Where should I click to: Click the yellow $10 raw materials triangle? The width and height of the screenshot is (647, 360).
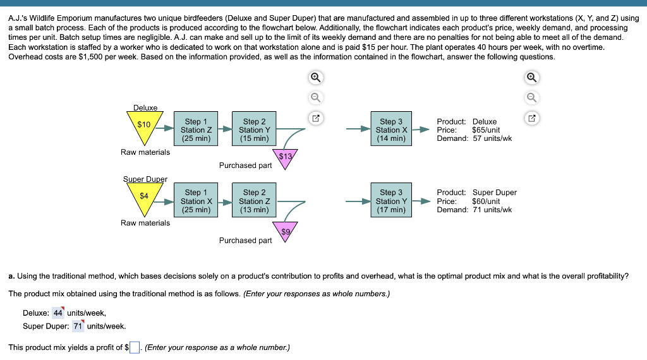(x=145, y=126)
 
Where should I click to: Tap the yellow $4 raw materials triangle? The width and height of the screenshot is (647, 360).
(x=145, y=196)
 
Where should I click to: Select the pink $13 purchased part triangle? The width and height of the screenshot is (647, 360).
(x=286, y=157)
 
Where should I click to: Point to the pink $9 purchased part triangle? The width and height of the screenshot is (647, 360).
(x=286, y=231)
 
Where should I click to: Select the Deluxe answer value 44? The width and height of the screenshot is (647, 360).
(x=58, y=313)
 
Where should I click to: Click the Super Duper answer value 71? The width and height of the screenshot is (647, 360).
(x=78, y=326)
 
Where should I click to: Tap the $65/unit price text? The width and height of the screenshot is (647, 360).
(x=487, y=130)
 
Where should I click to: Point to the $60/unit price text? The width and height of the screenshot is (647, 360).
(x=487, y=201)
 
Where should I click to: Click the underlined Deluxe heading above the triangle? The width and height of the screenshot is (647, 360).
(x=145, y=108)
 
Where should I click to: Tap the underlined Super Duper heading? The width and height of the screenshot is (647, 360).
(x=145, y=179)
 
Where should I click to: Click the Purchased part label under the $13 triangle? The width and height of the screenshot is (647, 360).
(x=245, y=165)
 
